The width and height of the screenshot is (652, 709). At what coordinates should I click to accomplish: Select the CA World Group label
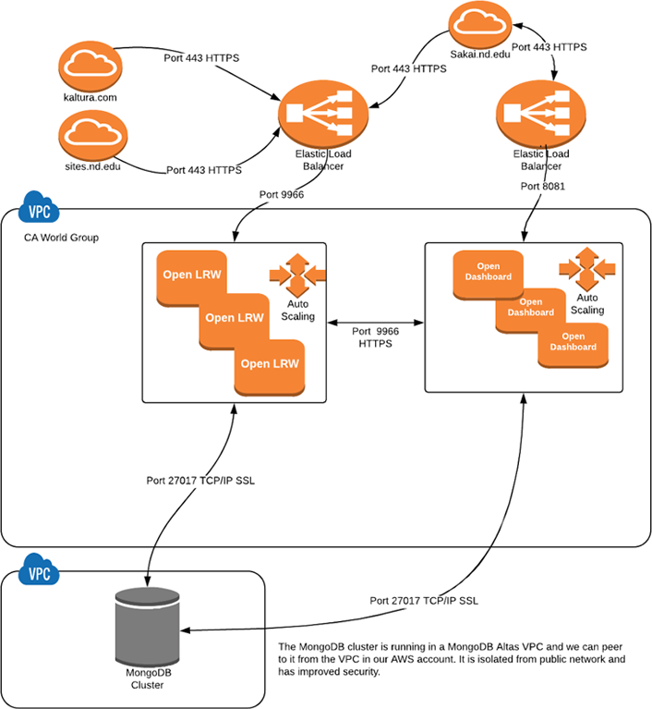[61, 238]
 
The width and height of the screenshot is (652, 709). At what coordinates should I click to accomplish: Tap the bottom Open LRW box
[269, 363]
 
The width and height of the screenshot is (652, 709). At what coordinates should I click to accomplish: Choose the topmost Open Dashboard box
[488, 272]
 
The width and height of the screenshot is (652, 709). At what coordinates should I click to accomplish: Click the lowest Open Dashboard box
[573, 341]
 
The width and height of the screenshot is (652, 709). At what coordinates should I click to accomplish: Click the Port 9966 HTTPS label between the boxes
[375, 336]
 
